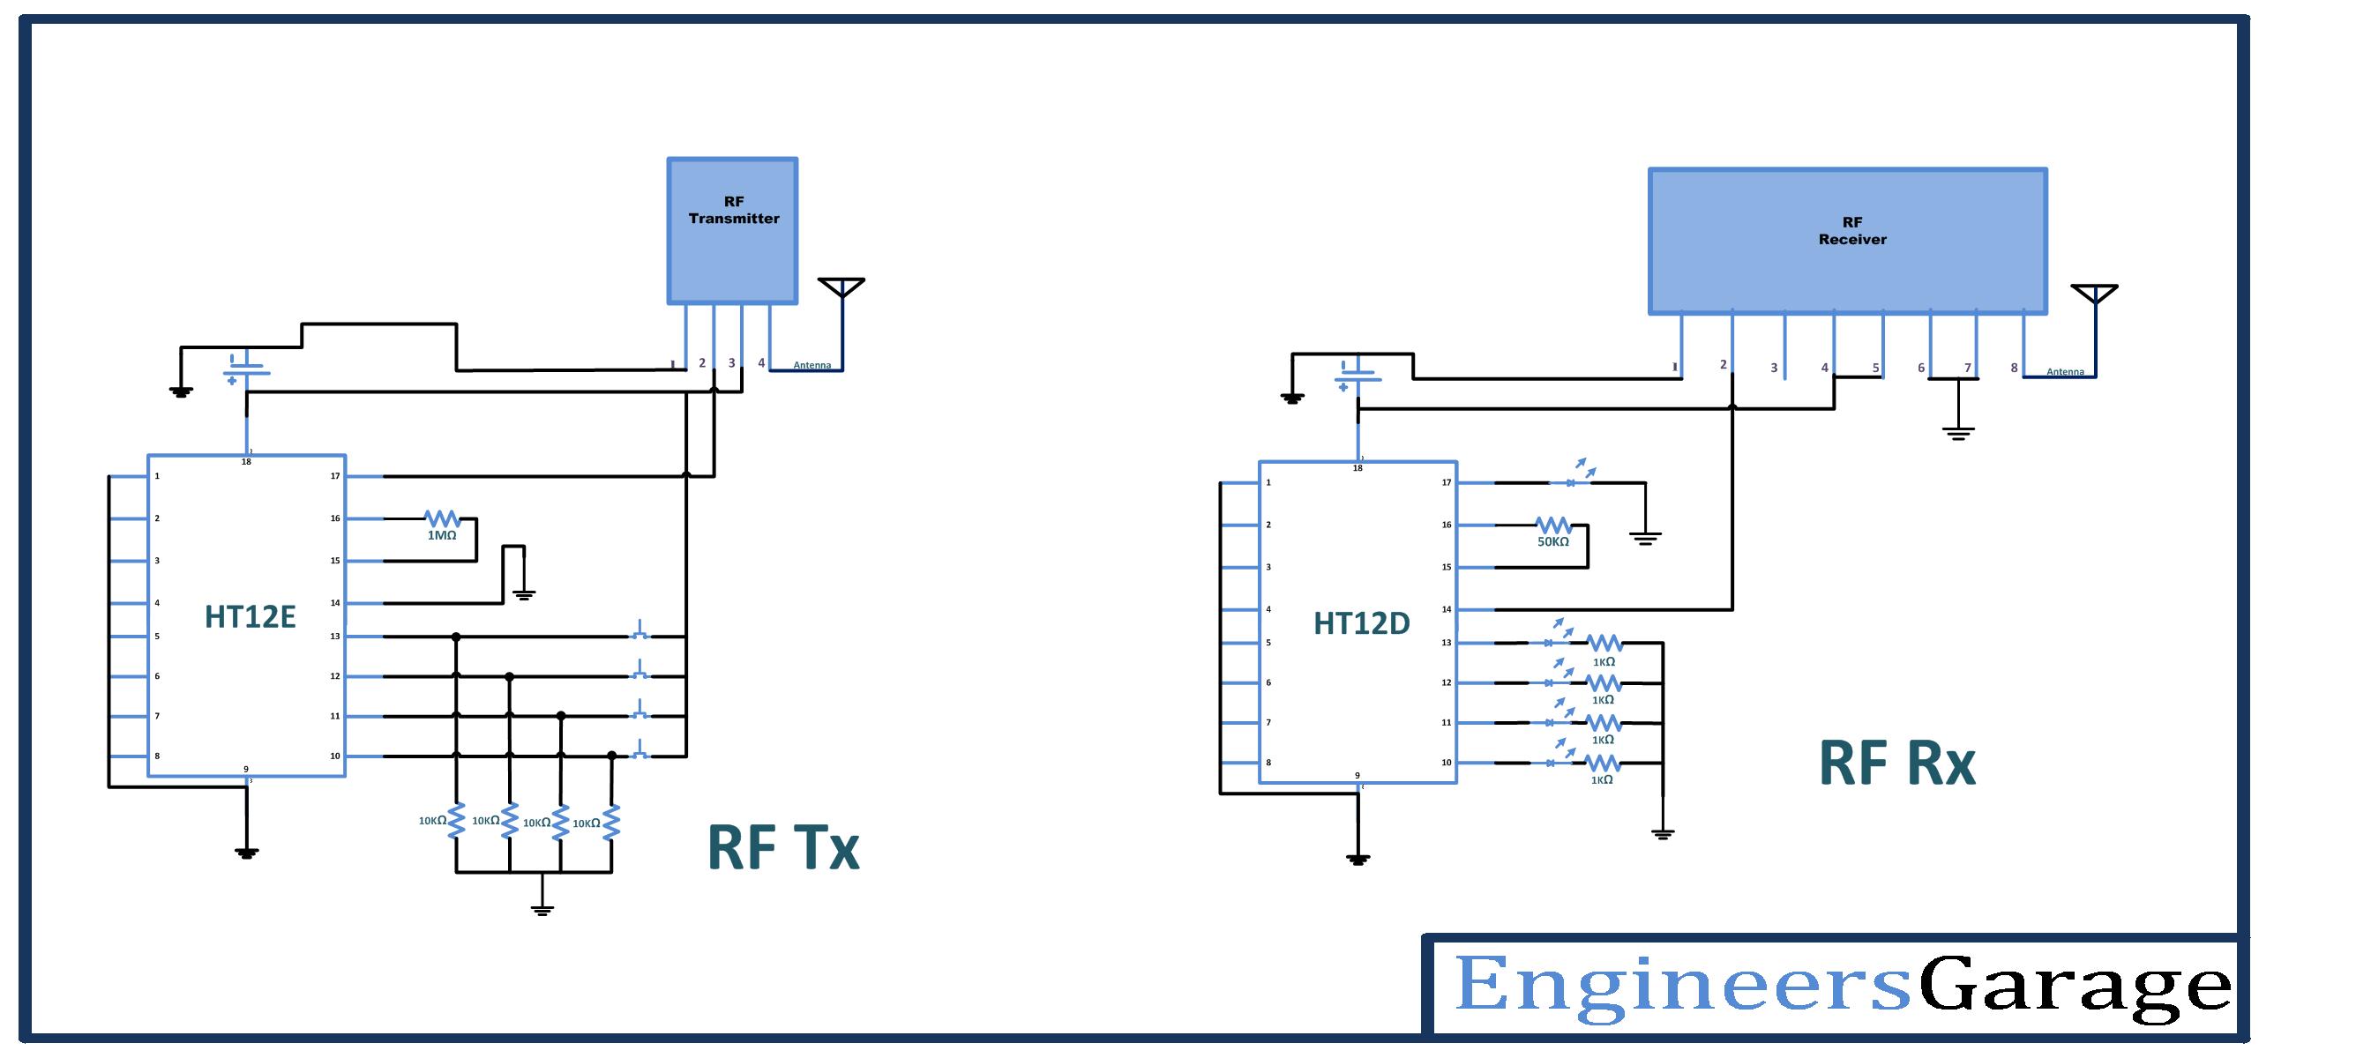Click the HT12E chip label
click(250, 617)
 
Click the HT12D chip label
click(1361, 623)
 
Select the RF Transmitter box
click(732, 230)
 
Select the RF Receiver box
click(1847, 241)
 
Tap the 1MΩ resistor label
click(442, 534)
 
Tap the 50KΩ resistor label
click(1552, 542)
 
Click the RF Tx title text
click(782, 847)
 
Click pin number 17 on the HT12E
click(335, 475)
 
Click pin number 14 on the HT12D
click(1446, 609)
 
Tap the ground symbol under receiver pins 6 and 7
click(1957, 432)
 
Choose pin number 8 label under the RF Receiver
click(2014, 368)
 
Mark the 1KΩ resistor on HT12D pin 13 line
click(1604, 643)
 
